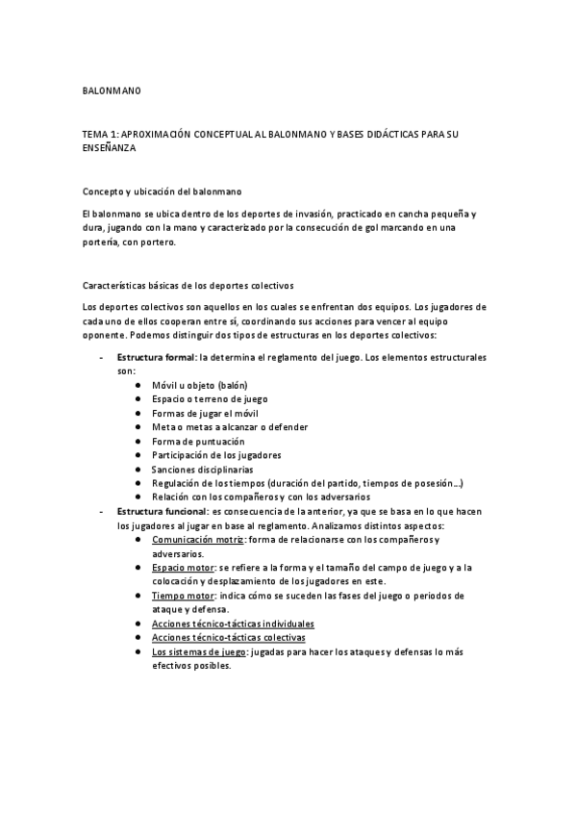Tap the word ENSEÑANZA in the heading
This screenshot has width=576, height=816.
[111, 150]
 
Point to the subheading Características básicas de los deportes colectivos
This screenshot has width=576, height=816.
[188, 286]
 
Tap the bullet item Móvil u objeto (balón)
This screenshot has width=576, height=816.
[199, 384]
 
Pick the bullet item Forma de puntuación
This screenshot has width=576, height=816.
[197, 441]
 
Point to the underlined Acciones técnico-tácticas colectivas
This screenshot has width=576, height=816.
[228, 637]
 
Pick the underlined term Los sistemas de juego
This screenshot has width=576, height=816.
[198, 651]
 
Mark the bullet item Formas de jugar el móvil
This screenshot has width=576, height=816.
[205, 412]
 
